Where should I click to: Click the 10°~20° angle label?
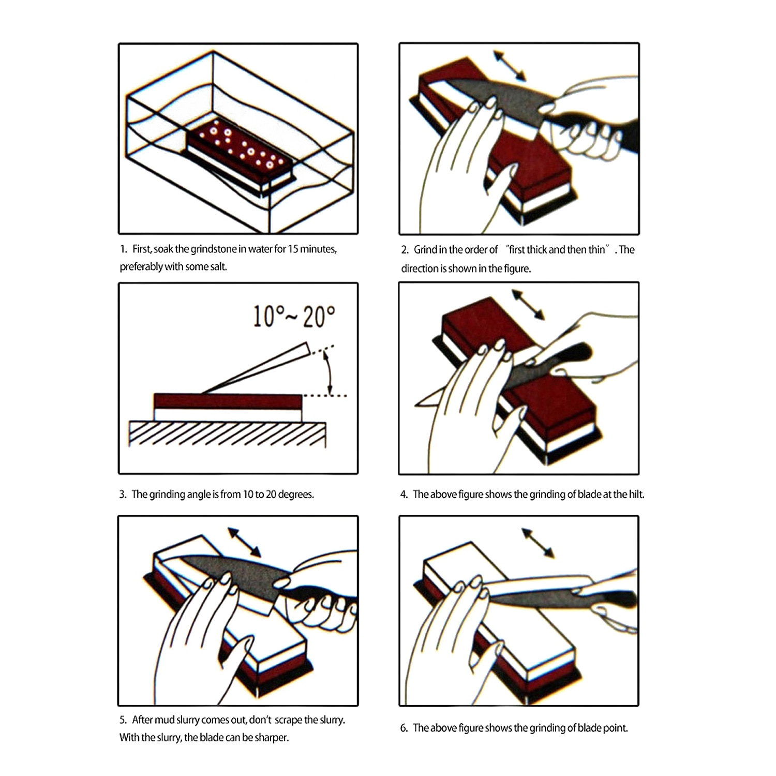point(294,316)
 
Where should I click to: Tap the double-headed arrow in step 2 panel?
point(510,66)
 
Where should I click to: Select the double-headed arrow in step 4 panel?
point(528,305)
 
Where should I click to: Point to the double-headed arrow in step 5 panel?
point(245,542)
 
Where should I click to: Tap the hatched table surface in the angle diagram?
point(228,434)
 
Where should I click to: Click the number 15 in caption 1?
point(293,249)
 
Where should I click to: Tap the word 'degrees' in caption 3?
point(296,495)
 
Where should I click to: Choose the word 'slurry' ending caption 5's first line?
point(330,720)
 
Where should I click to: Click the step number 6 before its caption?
point(404,728)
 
